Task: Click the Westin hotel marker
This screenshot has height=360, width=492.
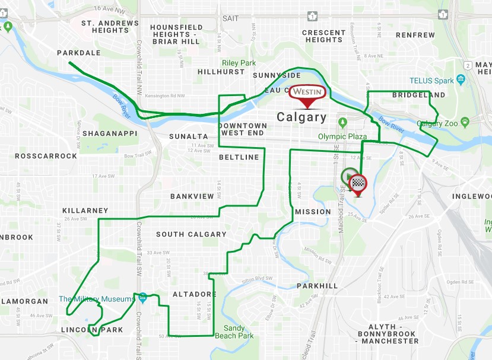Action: point(307,93)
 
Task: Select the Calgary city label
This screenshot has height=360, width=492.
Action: point(301,117)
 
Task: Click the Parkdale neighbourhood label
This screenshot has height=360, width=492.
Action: point(79,53)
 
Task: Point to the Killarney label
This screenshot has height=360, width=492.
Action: point(85,211)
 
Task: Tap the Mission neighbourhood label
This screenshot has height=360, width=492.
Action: point(313,212)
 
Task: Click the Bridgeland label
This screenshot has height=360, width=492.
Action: point(418,95)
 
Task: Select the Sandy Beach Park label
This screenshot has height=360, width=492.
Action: point(239,332)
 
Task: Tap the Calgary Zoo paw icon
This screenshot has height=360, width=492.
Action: point(465,123)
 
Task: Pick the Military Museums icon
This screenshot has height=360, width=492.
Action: point(142,297)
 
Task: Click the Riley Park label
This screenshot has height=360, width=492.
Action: point(238,62)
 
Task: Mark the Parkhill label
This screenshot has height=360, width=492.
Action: point(318,286)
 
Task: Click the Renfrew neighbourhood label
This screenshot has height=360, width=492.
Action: point(415,35)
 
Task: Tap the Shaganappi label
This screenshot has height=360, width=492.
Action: point(109,133)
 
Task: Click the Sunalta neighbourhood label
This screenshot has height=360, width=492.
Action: point(188,136)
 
